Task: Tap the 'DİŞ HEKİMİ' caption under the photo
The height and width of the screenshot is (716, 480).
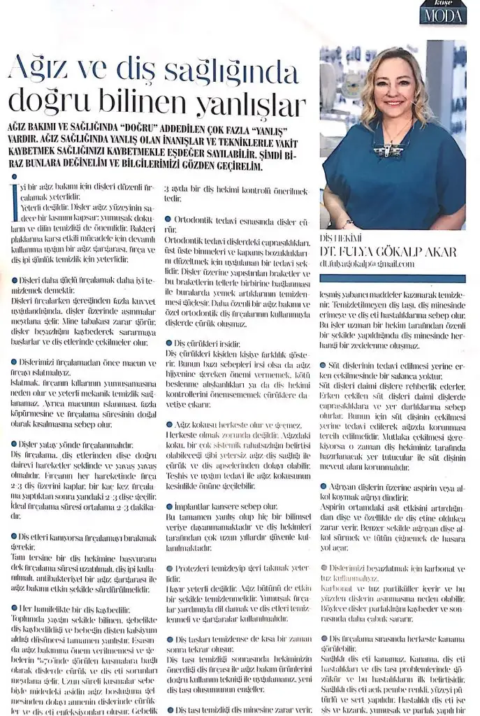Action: click(338, 238)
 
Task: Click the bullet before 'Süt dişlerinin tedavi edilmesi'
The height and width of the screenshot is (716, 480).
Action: click(322, 365)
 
